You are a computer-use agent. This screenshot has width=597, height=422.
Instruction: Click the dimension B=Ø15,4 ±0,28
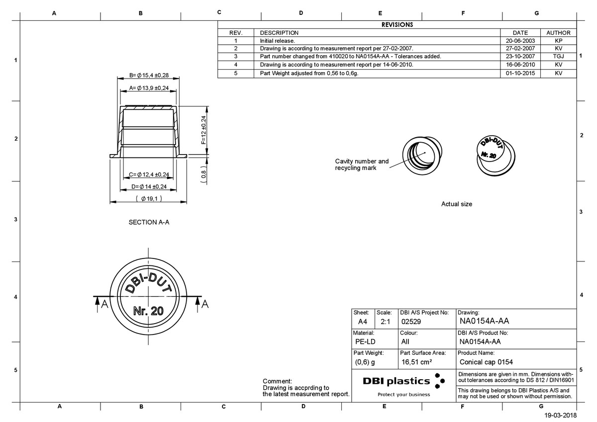[149, 75]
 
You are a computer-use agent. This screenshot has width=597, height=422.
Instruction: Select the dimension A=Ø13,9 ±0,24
[149, 88]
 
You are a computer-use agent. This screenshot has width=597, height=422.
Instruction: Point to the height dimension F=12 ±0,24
[203, 130]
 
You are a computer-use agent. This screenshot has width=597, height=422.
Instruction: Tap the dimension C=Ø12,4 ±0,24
[149, 174]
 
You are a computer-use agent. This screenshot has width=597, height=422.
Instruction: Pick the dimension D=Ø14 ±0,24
[149, 186]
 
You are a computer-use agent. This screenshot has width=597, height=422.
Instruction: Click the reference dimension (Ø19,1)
[149, 199]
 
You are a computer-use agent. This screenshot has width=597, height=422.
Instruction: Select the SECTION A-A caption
[149, 222]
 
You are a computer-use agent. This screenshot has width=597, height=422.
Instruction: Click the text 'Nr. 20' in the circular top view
[148, 311]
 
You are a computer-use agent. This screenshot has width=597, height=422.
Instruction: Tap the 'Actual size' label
[456, 204]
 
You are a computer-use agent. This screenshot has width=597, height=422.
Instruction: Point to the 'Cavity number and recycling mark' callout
[362, 165]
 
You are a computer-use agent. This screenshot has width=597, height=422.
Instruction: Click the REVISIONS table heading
[397, 24]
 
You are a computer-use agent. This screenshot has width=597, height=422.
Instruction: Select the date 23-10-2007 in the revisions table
[520, 56]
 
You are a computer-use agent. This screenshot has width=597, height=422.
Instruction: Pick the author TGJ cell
[558, 56]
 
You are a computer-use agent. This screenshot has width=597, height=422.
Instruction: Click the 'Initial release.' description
[278, 41]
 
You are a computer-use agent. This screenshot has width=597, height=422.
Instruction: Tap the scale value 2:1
[385, 322]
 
